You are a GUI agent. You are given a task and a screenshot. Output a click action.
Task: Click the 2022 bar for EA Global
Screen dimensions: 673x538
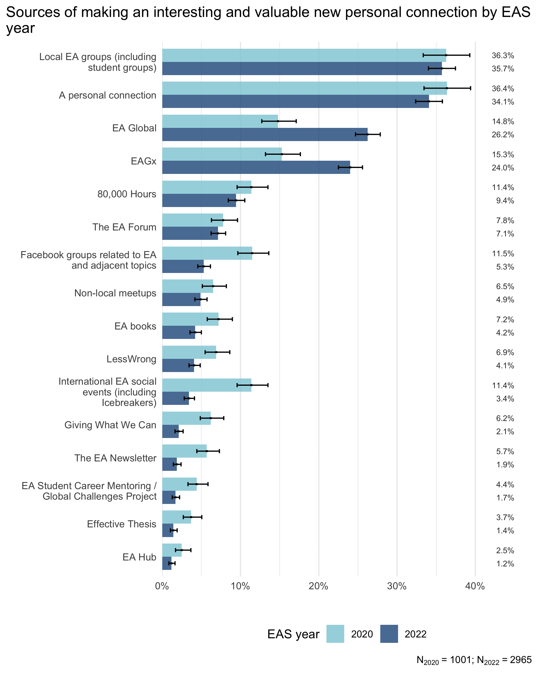point(265,135)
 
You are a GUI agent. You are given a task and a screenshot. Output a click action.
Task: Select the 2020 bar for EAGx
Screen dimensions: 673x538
point(221,154)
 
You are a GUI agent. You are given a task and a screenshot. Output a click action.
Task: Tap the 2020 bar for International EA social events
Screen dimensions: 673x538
point(207,385)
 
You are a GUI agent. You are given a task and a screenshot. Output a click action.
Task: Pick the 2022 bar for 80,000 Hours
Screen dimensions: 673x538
point(199,200)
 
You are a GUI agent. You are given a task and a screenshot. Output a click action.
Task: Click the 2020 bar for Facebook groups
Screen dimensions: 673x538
point(207,253)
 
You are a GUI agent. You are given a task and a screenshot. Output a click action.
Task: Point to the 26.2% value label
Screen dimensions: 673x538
point(503,135)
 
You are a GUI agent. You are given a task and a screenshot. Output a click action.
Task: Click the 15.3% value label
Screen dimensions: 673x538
point(503,155)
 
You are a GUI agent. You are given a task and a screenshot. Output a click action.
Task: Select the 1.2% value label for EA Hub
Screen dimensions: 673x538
point(505,564)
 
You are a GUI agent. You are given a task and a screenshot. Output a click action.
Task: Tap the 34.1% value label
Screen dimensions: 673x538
point(503,102)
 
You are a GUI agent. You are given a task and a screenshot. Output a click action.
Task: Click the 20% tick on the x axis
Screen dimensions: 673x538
point(319,586)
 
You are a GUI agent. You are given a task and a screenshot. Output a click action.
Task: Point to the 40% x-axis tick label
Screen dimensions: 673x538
point(475,586)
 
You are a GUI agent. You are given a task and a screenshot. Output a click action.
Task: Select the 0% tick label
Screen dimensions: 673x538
point(162,586)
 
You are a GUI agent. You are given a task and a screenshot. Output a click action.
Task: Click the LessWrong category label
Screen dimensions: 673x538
point(131,359)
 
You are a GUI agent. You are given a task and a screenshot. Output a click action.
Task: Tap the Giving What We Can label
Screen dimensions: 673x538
point(110,425)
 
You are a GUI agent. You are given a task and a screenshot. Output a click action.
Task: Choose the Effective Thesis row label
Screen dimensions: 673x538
point(121,524)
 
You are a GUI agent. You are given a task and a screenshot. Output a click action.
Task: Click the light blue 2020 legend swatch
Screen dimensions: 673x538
point(335,634)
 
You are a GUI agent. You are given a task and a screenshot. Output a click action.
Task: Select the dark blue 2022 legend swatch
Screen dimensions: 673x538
point(389,634)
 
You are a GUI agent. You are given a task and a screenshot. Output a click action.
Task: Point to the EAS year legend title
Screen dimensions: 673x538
point(293,634)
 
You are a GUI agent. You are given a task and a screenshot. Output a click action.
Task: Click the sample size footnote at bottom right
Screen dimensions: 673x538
point(474,660)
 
